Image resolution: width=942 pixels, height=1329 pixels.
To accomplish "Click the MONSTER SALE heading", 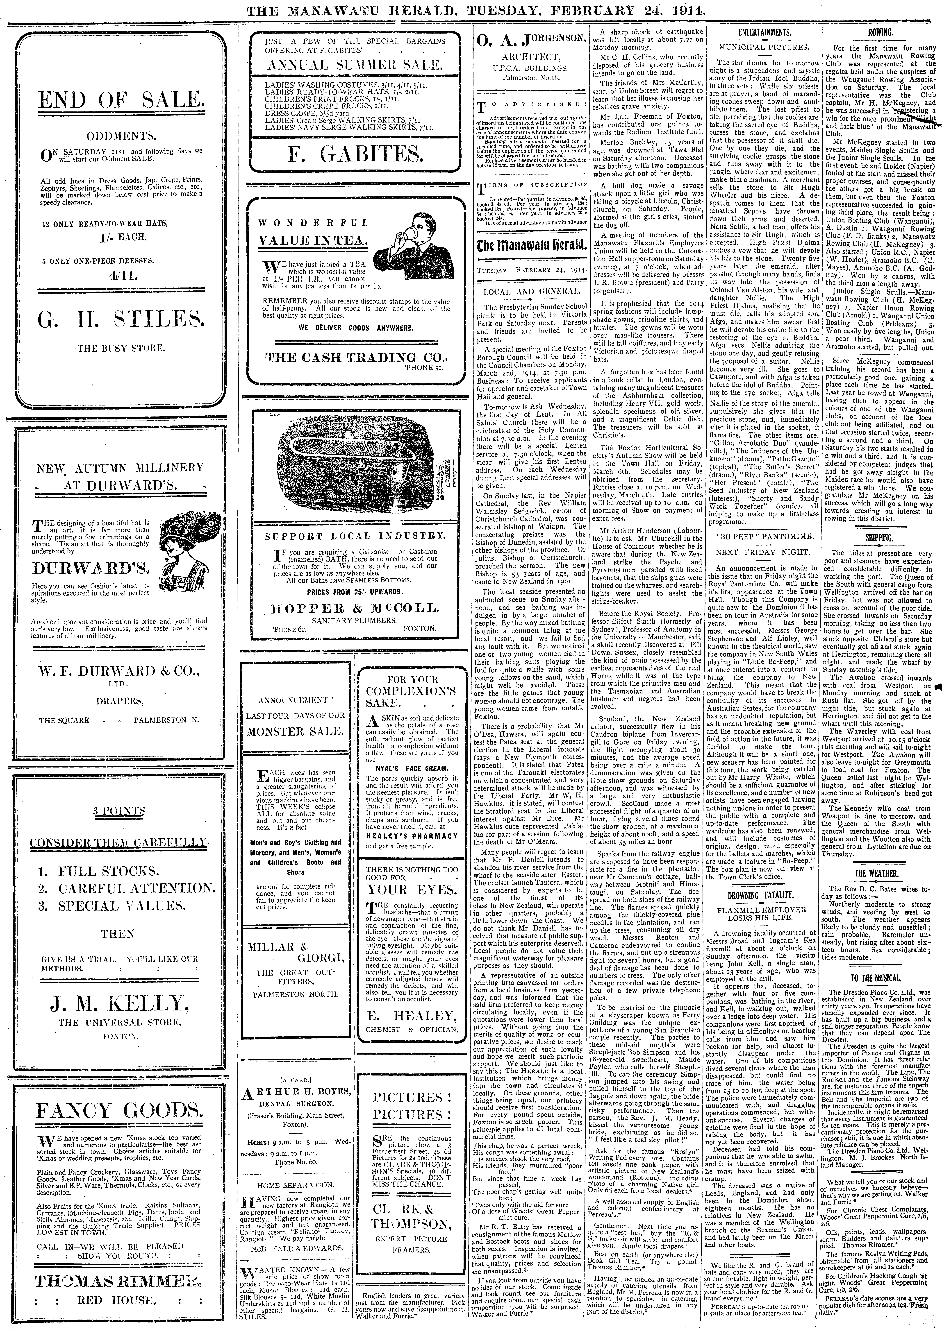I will tap(295, 731).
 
